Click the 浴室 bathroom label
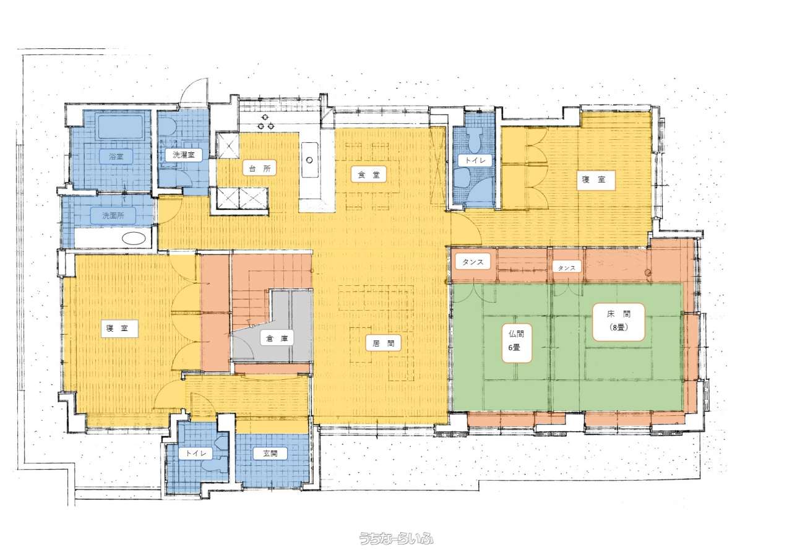point(116,157)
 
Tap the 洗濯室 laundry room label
point(184,155)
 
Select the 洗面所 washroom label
point(113,215)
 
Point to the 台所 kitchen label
point(260,169)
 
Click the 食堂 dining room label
point(369,174)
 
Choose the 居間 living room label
point(383,343)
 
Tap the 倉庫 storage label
point(277,338)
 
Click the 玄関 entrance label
point(270,453)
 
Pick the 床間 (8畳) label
point(618,322)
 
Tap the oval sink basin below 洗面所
point(134,238)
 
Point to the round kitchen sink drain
point(309,160)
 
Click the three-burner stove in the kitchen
point(265,122)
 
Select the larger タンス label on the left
point(473,262)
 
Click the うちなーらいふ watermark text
point(396,539)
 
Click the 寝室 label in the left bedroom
point(117,328)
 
